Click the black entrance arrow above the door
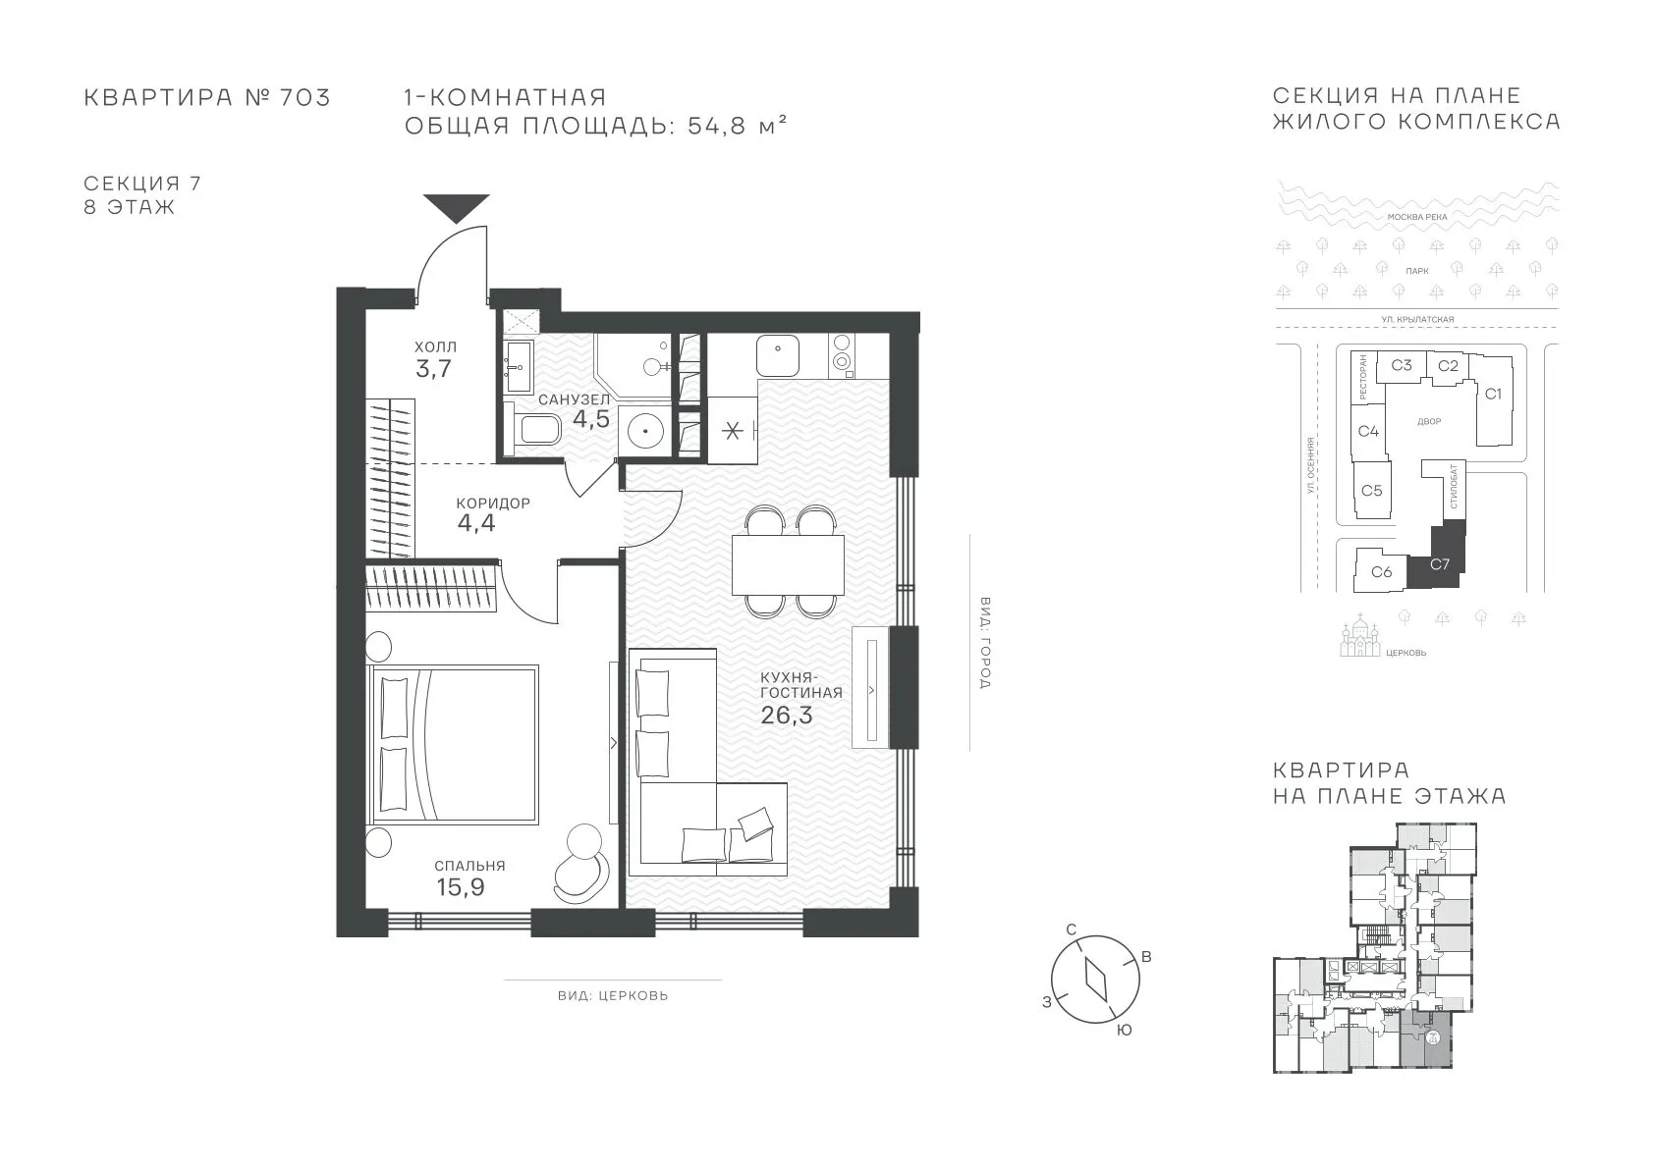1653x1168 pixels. coord(456,207)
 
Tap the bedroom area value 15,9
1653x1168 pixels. coord(461,887)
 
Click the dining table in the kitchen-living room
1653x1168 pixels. coord(788,564)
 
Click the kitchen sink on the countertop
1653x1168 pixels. coord(777,356)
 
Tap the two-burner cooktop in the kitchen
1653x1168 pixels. coord(841,352)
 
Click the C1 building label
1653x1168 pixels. coord(1493,394)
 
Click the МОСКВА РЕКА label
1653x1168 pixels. coord(1417,217)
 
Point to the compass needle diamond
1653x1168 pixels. coord(1096,980)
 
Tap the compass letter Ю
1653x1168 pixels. coord(1124,1031)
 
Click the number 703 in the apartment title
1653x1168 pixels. coord(304,97)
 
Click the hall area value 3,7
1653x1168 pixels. coord(433,368)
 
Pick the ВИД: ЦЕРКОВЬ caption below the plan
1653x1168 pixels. coord(613,995)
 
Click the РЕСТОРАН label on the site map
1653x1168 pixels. coord(1363,377)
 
